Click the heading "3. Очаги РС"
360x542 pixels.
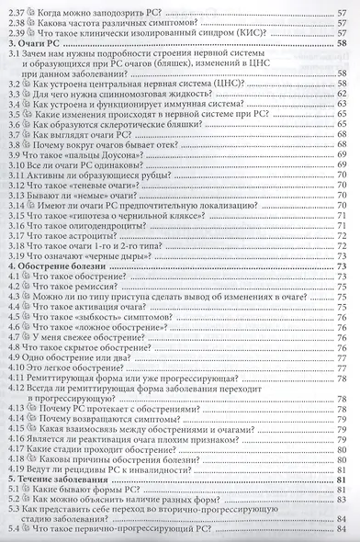click(36, 43)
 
